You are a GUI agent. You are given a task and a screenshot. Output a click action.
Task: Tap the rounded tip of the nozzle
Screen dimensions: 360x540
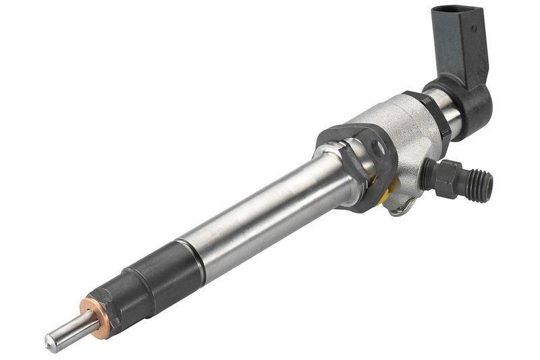click(51, 342)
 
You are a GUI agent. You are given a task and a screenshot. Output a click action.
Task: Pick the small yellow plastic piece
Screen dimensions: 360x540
click(383, 197)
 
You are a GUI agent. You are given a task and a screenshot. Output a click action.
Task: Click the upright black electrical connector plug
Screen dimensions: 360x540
click(462, 41)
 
